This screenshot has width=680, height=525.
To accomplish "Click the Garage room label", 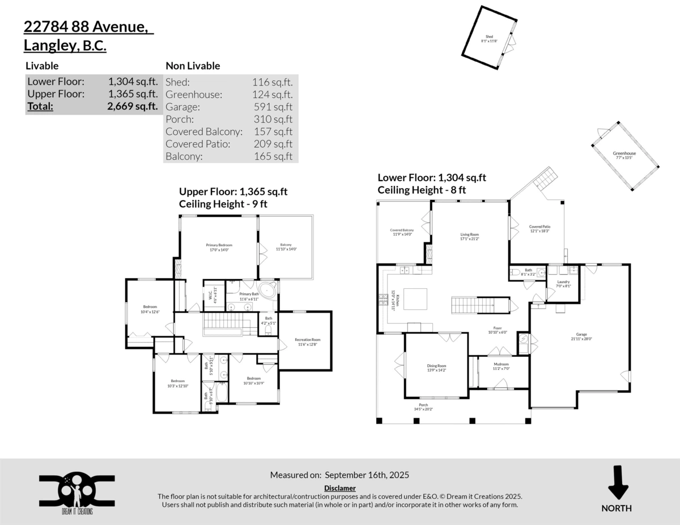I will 579,335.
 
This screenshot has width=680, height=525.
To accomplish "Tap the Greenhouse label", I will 624,153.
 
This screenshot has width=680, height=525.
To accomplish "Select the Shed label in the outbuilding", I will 489,37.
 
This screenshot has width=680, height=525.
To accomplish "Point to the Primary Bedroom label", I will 219,245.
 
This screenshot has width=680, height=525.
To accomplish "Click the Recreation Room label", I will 307,340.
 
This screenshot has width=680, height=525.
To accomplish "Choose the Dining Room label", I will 436,366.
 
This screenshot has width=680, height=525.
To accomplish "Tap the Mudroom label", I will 501,364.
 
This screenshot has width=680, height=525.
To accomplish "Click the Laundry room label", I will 563,282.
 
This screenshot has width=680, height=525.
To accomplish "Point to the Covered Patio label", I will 539,227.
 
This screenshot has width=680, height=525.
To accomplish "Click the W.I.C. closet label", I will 210,295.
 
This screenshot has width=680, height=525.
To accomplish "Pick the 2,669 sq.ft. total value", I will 133,106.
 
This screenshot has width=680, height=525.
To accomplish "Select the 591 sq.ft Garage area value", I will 273,106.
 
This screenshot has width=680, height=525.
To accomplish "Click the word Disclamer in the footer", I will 340,488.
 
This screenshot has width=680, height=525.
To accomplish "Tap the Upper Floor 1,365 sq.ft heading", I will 233,191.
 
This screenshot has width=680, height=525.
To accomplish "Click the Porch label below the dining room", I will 423,406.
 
